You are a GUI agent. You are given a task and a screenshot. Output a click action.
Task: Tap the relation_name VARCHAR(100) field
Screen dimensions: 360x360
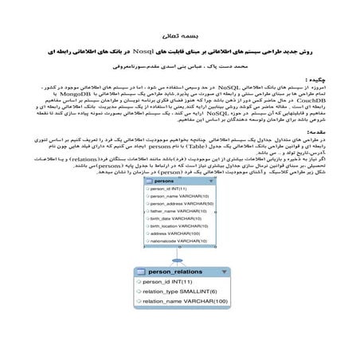[x=186, y=301]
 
